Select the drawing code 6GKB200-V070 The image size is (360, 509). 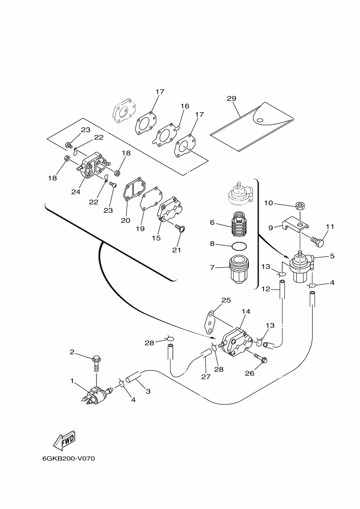pos(69,459)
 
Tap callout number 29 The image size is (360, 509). pos(231,99)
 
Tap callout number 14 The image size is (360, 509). pos(246,311)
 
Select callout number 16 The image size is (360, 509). pos(185,106)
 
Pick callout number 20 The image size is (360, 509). pos(126,220)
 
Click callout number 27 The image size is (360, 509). pos(206,377)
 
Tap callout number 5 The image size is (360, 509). pos(332,256)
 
